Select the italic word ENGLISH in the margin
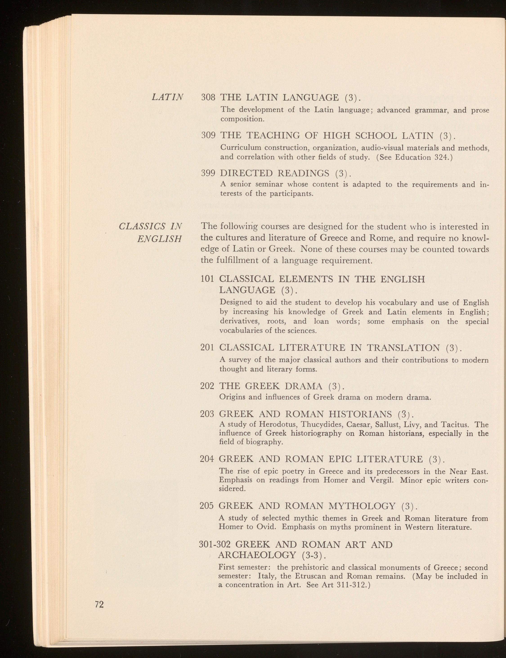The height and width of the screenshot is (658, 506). coord(159,239)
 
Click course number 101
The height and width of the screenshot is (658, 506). coord(207,279)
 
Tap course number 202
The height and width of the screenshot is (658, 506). coord(207,386)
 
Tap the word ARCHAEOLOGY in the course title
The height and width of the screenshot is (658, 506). coord(257,555)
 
